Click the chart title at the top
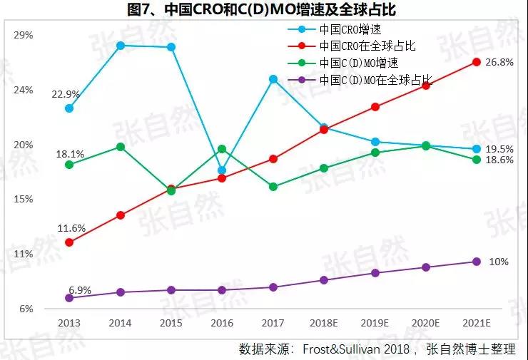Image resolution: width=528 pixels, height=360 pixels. click(264, 10)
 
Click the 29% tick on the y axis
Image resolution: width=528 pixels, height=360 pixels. click(24, 35)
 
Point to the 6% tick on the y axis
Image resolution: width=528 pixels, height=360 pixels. click(26, 309)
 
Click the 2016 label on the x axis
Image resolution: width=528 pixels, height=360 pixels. click(222, 323)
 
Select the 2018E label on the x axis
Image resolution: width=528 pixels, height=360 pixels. click(324, 323)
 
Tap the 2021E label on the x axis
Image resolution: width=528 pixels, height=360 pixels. click(477, 323)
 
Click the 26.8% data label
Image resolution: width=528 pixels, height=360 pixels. click(499, 63)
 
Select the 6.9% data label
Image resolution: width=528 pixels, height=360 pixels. click(80, 290)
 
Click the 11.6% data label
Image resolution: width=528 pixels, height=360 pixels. click(71, 228)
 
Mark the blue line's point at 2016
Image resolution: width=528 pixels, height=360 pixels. click(222, 170)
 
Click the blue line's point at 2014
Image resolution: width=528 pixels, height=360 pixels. click(121, 46)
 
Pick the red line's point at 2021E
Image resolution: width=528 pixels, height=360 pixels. click(477, 62)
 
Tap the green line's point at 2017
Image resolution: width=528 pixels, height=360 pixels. click(273, 187)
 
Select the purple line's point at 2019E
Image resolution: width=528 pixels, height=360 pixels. click(375, 273)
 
